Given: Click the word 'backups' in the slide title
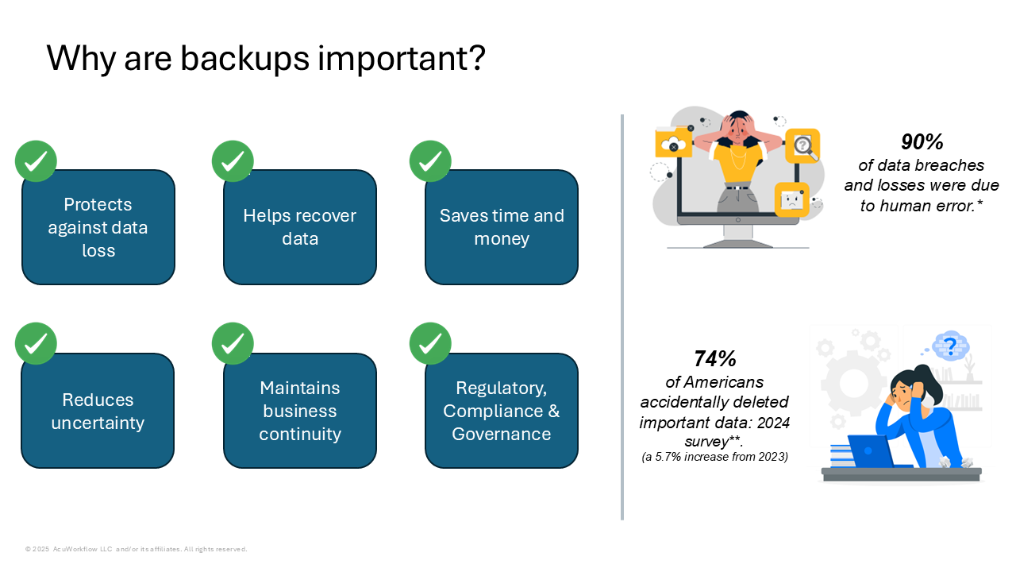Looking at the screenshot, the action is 245,59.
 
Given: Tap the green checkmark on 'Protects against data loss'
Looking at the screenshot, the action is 36,161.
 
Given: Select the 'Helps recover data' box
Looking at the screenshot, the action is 300,227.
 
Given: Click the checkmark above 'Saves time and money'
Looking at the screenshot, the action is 430,161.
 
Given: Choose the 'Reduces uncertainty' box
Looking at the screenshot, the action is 98,411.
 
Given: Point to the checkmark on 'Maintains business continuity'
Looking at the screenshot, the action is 233,344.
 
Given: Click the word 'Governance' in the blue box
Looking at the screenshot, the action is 501,434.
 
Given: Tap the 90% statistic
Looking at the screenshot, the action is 922,141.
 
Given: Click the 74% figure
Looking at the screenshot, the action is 715,358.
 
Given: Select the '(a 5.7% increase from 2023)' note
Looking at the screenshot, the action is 715,457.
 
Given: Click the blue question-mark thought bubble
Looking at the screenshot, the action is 950,347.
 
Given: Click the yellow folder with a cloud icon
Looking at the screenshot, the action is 674,141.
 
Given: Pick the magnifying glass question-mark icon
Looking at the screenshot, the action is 802,146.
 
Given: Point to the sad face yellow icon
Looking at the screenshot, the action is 792,199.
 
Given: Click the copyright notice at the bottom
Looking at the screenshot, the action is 136,549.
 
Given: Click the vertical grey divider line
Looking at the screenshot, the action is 622,317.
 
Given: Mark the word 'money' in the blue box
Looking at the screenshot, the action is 502,239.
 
